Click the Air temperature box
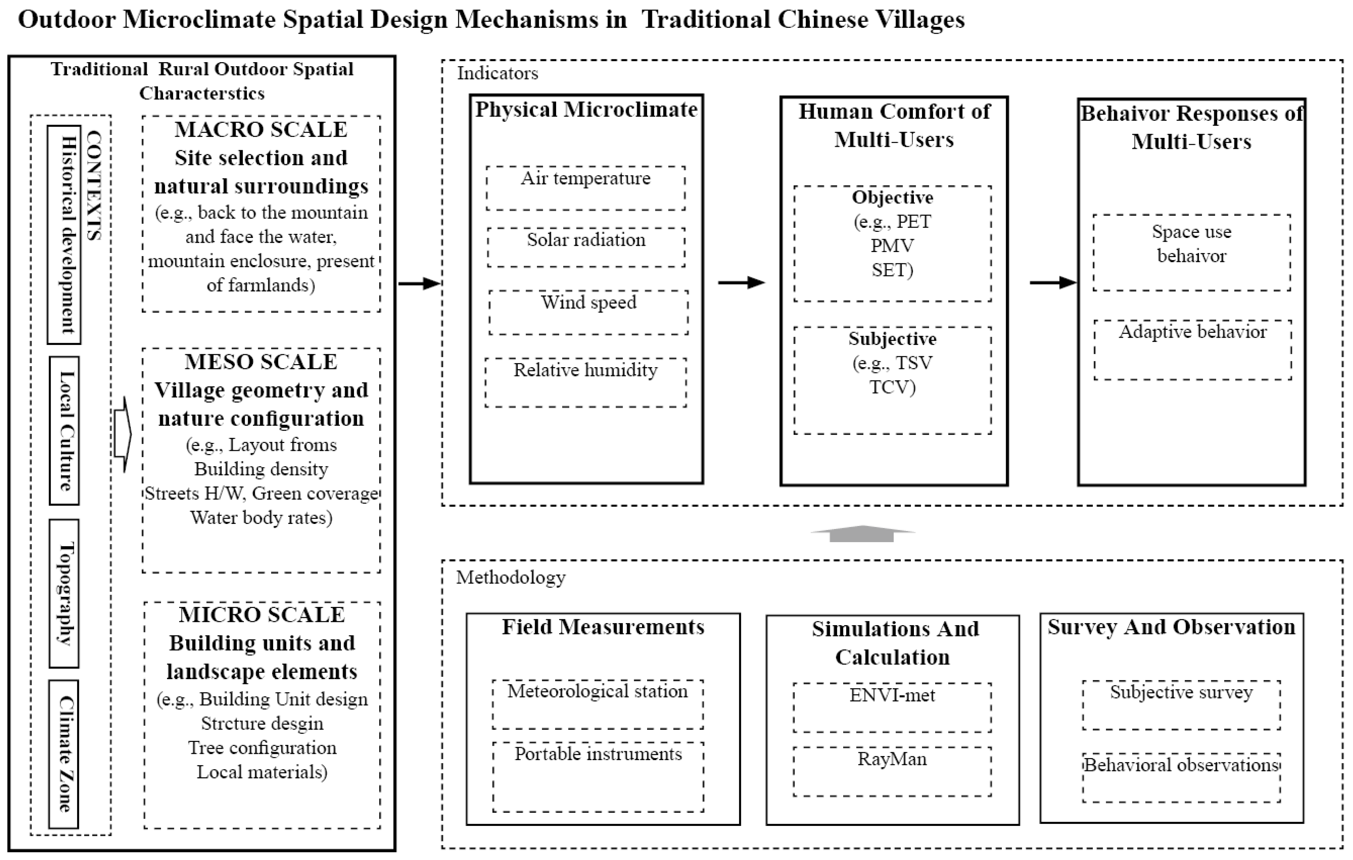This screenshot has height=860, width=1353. [586, 188]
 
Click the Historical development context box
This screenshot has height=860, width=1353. [64, 235]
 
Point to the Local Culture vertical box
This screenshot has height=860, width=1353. [64, 431]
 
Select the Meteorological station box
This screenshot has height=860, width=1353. [598, 704]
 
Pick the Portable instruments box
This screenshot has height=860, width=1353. [598, 776]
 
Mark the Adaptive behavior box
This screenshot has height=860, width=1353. [1192, 350]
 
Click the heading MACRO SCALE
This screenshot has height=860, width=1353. [261, 129]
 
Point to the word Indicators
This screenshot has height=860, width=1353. [497, 73]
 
